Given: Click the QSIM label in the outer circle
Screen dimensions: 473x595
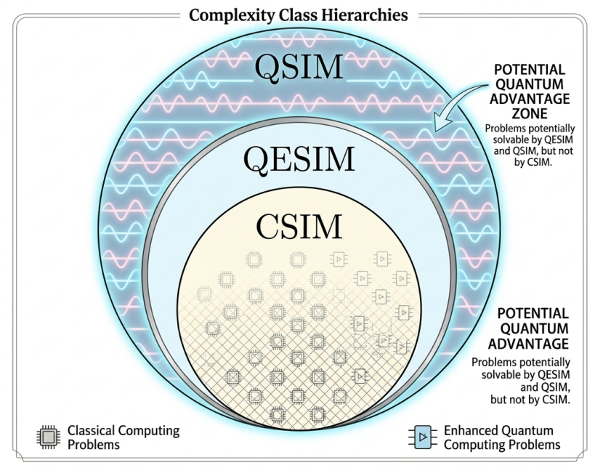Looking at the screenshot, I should [x=298, y=67].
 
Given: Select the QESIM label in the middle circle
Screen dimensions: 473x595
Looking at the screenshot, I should [x=299, y=158].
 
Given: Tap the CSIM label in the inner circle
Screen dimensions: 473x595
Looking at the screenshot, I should [x=299, y=227].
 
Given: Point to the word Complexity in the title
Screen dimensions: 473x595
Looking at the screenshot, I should [x=226, y=15].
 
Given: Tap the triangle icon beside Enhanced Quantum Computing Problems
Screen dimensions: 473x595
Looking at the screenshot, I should [x=422, y=437].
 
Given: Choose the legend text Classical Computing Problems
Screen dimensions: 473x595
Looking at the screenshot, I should [x=123, y=437].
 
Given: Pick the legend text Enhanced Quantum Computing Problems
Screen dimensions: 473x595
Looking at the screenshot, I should [x=502, y=437].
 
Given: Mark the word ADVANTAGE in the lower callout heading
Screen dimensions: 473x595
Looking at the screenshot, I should [x=533, y=342].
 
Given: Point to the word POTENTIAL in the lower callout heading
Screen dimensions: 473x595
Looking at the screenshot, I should [x=533, y=313].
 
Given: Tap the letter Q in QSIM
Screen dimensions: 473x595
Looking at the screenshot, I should [x=266, y=67].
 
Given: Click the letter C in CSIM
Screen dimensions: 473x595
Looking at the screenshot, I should [x=268, y=227].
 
